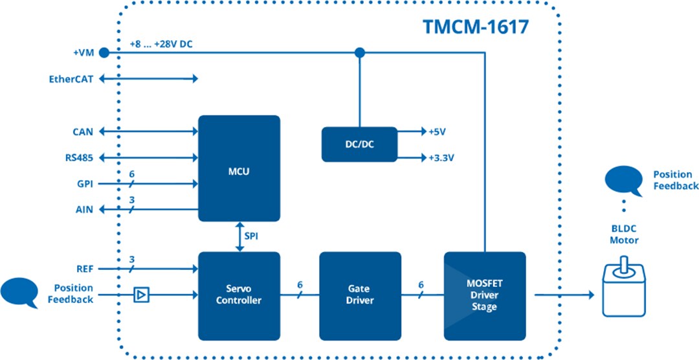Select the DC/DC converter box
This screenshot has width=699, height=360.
[359, 144]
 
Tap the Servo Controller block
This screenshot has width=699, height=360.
[239, 295]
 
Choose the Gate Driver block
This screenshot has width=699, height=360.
[360, 295]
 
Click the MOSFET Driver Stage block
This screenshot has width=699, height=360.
[484, 295]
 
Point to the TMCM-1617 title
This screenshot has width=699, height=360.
[476, 27]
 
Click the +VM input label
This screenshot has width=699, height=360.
[83, 52]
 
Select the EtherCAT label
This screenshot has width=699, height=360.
[71, 79]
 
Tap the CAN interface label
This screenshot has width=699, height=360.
[82, 132]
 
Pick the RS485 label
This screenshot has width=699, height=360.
[79, 157]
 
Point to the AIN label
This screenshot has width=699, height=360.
[83, 210]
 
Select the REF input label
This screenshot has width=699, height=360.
[83, 268]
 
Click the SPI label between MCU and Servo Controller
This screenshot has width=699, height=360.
[251, 236]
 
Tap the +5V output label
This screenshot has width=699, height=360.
[437, 132]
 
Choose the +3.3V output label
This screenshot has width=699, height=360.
[441, 157]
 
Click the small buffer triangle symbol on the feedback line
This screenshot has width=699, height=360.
[140, 295]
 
